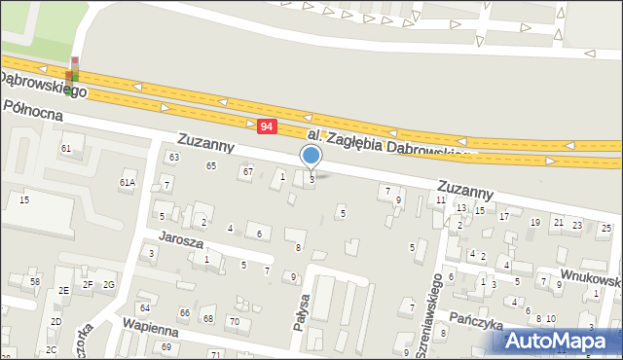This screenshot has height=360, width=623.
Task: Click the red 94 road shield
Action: pos(268,126)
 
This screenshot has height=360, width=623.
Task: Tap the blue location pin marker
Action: pos(311,156)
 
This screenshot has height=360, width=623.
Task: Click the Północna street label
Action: pos(32,112)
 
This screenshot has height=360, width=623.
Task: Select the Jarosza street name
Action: pos(181,242)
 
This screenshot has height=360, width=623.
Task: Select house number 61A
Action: pos(128,182)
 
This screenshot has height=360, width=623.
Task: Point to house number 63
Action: pos(174,157)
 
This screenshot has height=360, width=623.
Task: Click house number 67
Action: pos(248,172)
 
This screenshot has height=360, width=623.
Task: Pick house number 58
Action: pos(35,281)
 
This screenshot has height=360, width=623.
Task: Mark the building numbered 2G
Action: pos(109,284)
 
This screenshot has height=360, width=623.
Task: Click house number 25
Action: pos(605,229)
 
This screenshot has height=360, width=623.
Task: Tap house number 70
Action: pos(234,321)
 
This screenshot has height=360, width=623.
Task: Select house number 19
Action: pos(534,223)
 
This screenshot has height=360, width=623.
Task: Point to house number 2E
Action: pos(63,290)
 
